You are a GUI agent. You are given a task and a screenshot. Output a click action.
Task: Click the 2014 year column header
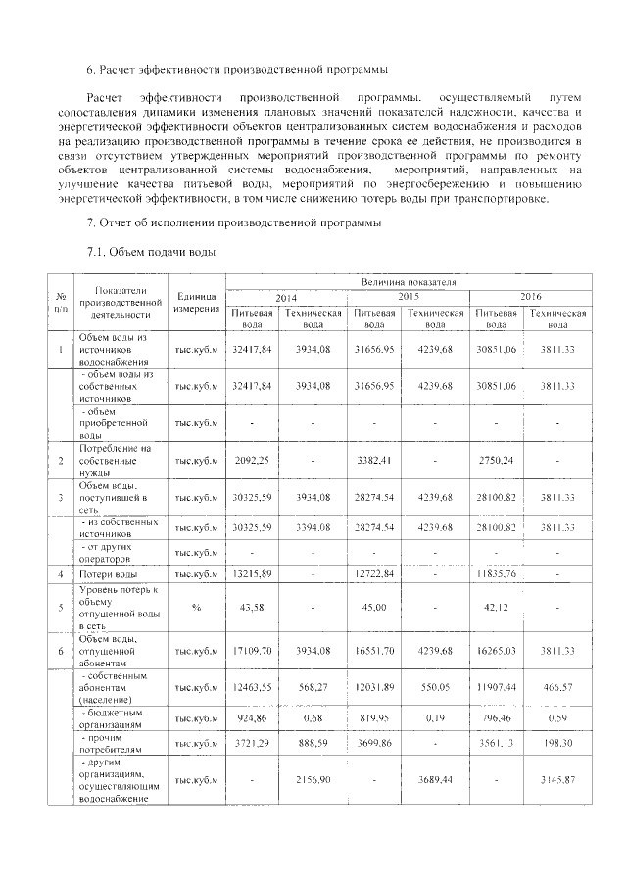click(286, 297)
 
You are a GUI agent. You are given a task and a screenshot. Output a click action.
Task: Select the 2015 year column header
click(409, 296)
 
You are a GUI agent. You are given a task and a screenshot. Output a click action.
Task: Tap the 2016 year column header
click(530, 296)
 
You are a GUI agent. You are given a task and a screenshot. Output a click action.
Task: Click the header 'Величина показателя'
click(409, 282)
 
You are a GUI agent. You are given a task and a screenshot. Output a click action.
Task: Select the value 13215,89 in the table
click(252, 573)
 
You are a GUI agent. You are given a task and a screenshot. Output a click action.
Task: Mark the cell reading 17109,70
click(252, 649)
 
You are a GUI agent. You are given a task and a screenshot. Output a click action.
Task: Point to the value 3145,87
click(557, 779)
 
